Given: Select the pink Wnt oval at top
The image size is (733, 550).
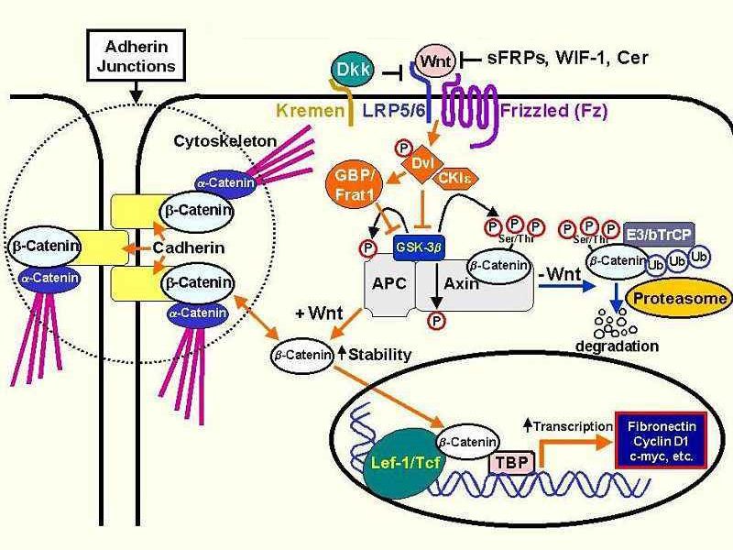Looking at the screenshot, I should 437,60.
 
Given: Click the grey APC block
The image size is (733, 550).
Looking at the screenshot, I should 383,284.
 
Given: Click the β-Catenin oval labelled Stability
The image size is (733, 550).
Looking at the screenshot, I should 303,353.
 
